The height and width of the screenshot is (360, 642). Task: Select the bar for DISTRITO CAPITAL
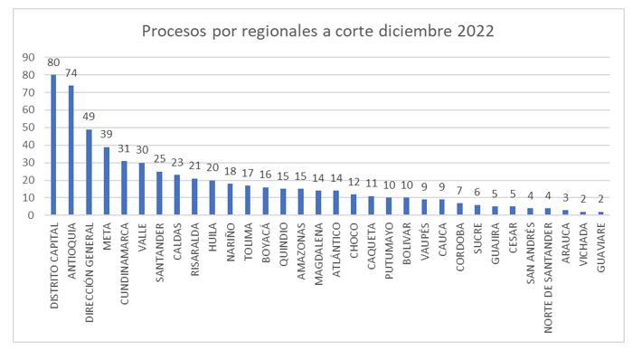click(53, 145)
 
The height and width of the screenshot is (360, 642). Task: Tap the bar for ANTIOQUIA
click(71, 150)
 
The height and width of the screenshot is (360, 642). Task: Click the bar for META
click(107, 181)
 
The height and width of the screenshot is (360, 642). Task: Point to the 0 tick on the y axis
click(32, 215)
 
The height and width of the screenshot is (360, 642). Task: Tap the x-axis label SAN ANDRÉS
click(531, 253)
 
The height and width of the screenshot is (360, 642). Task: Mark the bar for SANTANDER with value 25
click(159, 194)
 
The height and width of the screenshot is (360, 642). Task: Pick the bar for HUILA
click(212, 198)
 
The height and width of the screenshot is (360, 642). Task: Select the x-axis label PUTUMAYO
click(389, 251)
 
